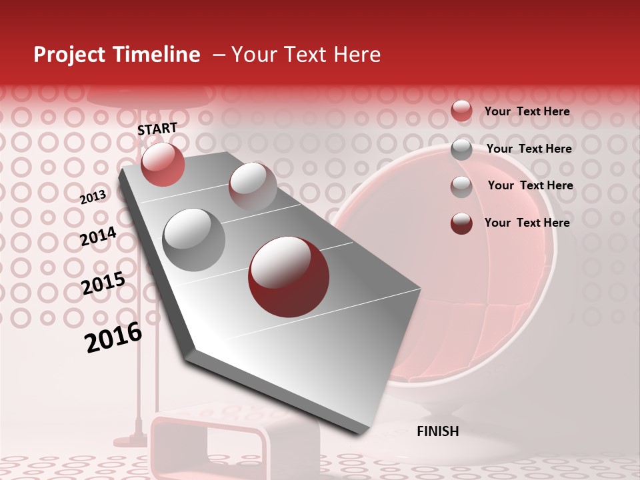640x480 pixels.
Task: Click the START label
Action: [x=157, y=129]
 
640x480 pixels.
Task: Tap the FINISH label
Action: [x=437, y=431]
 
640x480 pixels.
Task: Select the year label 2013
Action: [x=93, y=197]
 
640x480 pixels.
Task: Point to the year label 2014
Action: [x=98, y=237]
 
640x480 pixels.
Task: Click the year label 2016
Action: [x=113, y=337]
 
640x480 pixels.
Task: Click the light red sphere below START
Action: [x=163, y=164]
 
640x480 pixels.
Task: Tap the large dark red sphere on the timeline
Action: [x=289, y=276]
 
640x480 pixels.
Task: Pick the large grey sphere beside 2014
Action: [x=194, y=239]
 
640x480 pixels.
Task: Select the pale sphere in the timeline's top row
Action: [x=253, y=186]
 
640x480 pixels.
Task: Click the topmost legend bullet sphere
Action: [x=461, y=111]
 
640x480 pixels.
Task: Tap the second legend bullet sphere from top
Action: [x=461, y=149]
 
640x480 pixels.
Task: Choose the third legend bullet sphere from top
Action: [x=461, y=187]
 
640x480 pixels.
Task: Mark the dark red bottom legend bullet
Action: [x=461, y=223]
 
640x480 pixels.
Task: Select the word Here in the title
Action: [x=357, y=55]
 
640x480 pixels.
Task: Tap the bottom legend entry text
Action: [x=527, y=223]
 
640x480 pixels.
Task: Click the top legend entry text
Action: [x=527, y=111]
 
